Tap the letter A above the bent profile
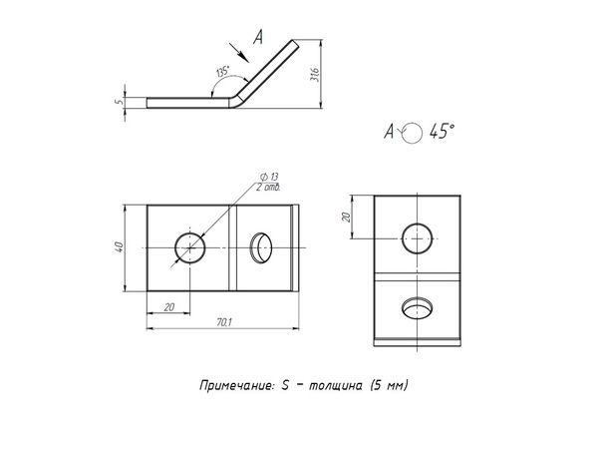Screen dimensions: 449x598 tap(258, 38)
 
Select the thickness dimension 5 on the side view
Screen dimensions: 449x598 tap(118, 100)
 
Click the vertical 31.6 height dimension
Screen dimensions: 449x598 tap(313, 75)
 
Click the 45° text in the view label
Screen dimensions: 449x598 tap(440, 132)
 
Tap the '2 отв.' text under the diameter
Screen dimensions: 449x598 tap(267, 187)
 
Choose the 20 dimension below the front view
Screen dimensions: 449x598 tap(168, 308)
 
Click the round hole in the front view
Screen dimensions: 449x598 tap(188, 246)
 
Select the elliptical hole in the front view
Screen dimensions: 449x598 tap(261, 245)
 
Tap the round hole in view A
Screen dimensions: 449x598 tap(418, 237)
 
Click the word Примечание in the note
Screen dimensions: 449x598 tap(234, 384)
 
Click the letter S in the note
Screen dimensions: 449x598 tap(285, 384)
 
